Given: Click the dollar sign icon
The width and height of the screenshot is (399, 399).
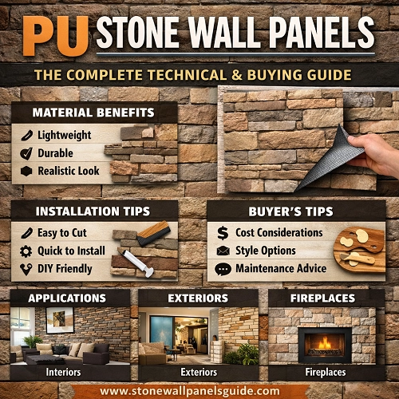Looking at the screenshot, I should (223, 232).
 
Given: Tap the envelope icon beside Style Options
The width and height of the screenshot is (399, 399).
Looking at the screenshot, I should (223, 251).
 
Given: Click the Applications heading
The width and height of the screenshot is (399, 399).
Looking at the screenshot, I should (67, 298).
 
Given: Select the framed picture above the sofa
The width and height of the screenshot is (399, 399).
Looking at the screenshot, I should (60, 320).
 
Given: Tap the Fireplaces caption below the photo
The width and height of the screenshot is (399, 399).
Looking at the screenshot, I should (326, 372).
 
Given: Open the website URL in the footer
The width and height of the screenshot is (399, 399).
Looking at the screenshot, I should (199, 391).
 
